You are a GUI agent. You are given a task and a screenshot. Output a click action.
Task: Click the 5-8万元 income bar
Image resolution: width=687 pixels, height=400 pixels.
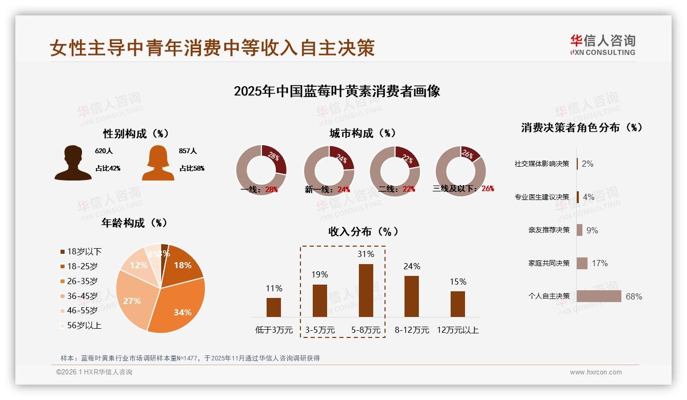tap(366, 290)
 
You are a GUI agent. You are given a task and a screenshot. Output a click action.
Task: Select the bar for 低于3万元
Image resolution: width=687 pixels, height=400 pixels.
tap(274, 307)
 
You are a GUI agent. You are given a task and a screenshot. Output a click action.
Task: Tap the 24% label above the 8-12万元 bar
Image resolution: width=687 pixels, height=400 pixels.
tap(411, 266)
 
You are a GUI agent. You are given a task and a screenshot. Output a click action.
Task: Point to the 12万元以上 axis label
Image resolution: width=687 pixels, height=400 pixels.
tap(457, 330)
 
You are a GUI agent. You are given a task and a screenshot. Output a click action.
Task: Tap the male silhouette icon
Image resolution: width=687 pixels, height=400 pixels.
tap(73, 163)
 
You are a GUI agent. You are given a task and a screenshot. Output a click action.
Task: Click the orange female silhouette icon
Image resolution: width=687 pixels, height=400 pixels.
tap(158, 163)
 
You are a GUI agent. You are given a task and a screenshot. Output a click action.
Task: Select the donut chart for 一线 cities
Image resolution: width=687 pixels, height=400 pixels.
tap(261, 170)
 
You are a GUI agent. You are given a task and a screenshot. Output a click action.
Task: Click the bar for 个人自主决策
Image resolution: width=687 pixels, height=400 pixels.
tap(598, 296)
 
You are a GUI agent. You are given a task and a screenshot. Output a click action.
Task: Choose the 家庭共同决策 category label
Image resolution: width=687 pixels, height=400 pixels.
tap(549, 263)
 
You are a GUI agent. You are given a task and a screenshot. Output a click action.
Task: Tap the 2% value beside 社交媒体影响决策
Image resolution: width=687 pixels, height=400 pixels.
tap(588, 164)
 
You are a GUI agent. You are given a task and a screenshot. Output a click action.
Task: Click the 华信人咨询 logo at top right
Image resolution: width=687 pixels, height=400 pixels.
tap(602, 45)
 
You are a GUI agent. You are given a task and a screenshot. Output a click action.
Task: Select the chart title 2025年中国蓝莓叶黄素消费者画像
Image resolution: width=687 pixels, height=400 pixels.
tap(337, 91)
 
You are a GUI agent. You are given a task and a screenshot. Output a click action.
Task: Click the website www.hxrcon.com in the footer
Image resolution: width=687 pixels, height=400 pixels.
tap(595, 372)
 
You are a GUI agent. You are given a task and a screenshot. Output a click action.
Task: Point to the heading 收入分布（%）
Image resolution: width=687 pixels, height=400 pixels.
tap(363, 231)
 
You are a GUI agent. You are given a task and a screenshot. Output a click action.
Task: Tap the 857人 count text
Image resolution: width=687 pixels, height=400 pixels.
tap(188, 151)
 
